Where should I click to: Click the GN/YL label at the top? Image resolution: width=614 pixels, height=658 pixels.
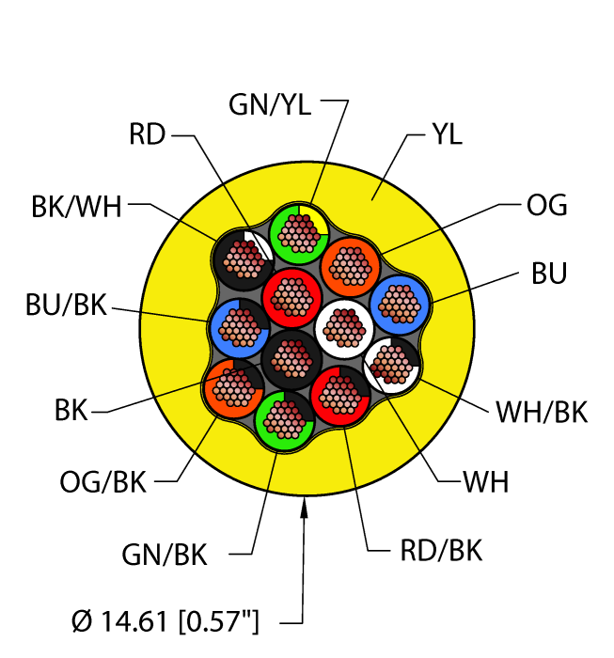coord(270,105)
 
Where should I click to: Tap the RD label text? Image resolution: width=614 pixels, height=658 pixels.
coord(148,136)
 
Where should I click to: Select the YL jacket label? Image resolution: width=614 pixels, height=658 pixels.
coord(447,135)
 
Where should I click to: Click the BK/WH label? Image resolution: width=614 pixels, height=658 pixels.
coord(76,207)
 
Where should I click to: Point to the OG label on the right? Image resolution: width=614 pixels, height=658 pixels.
coord(546,205)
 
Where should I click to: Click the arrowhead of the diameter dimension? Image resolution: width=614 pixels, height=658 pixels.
coord(304,509)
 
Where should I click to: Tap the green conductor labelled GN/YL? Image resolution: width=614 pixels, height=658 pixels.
coord(298,231)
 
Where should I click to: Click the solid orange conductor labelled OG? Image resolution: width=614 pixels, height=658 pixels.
coord(350,266)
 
